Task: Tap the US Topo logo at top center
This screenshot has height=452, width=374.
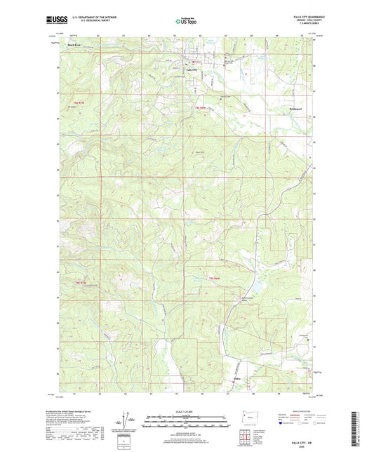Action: pyautogui.click(x=186, y=22)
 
